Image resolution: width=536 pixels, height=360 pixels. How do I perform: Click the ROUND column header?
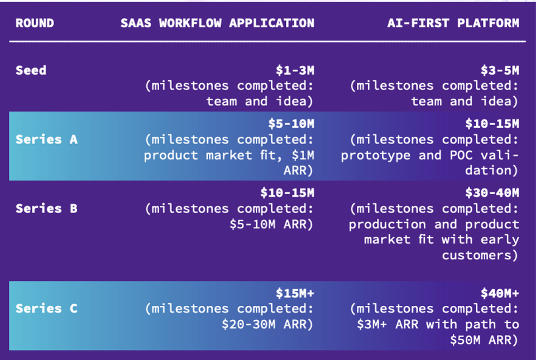pos(35,23)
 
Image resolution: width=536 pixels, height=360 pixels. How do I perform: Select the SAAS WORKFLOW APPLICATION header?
pos(217,23)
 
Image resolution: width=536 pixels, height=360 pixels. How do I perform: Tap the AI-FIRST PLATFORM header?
pos(453,23)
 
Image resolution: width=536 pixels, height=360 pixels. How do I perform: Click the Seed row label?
pos(31,70)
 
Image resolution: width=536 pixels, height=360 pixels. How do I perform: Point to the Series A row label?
pos(46,140)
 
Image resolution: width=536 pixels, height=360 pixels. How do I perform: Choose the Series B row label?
pos(46,208)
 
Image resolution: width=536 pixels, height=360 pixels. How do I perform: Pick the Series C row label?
pos(46,309)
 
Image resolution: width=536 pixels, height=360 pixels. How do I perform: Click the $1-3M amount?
pos(295,70)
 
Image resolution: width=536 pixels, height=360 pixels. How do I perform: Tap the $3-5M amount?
pos(500,70)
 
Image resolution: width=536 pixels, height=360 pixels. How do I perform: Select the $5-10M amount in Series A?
pos(291,124)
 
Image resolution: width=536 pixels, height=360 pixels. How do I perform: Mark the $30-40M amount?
pos(492,193)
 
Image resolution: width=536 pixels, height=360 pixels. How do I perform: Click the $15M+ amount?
pos(295,293)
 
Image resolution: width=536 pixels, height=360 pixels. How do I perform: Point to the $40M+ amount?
pos(500,293)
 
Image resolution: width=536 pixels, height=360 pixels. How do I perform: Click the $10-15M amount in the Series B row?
pos(287,193)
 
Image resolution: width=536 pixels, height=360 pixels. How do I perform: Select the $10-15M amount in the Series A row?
pos(492,124)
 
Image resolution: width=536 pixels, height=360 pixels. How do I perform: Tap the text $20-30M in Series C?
pos(248,324)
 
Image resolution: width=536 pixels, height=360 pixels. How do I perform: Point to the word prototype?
pos(376,156)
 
